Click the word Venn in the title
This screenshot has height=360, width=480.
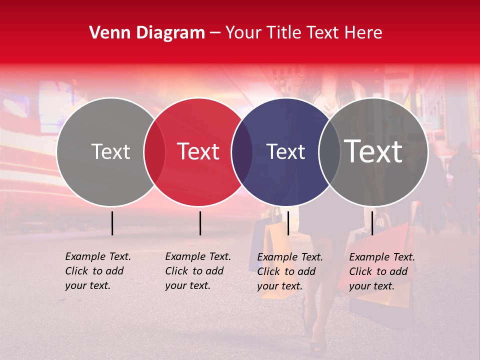tap(107, 33)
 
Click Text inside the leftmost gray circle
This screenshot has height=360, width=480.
tap(110, 151)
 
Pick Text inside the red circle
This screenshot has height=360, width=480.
tap(198, 151)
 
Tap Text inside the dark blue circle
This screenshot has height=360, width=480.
tap(285, 151)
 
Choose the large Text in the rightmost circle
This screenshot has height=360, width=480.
tap(373, 151)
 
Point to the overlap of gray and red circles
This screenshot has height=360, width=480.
tap(154, 152)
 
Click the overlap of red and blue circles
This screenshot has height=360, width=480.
tap(242, 152)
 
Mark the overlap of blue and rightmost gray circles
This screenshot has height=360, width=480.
tap(329, 152)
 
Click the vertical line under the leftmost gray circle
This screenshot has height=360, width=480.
tap(112, 223)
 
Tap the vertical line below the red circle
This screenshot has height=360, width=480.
tap(200, 223)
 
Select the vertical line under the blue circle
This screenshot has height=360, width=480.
tap(288, 223)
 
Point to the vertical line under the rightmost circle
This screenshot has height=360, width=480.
tap(372, 223)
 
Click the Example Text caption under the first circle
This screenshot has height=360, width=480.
tap(98, 271)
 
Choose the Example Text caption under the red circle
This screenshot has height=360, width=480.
tap(198, 271)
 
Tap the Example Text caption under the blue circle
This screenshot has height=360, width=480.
tap(290, 271)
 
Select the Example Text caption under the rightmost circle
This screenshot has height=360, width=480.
tap(382, 271)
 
